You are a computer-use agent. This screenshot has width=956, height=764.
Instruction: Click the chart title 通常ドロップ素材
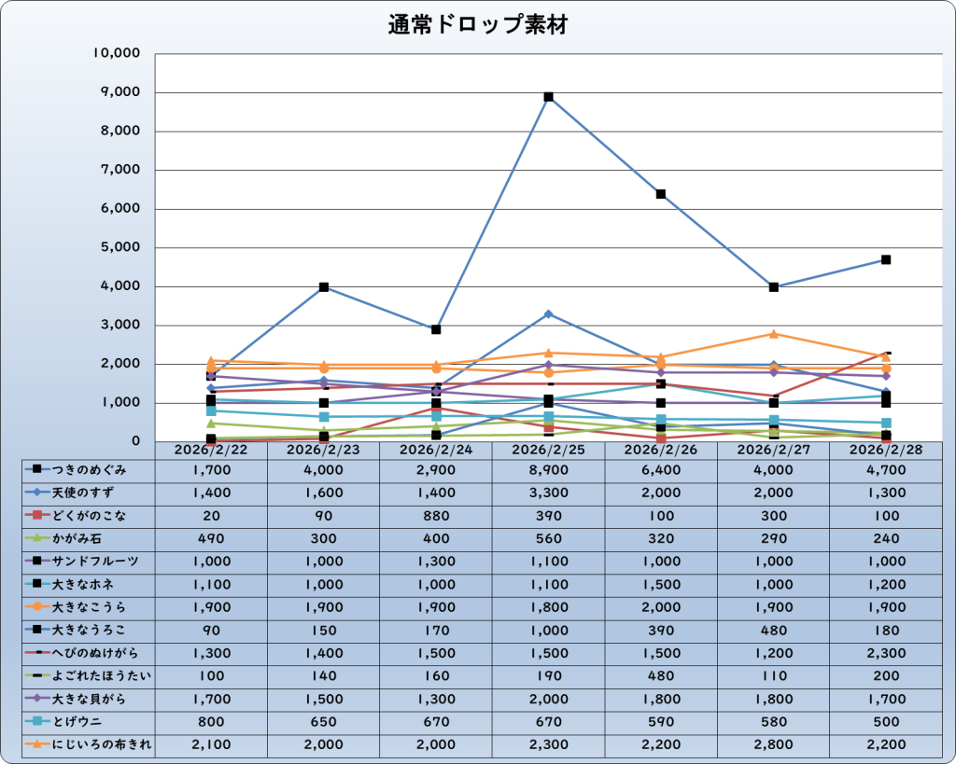pos(478,25)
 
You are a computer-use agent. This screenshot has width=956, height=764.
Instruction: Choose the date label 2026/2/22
pos(211,450)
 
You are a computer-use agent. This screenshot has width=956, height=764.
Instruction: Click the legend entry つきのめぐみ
pos(90,469)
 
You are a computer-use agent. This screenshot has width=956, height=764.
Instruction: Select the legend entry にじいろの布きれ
pos(90,744)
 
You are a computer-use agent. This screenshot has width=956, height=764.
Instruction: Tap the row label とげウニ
pos(90,721)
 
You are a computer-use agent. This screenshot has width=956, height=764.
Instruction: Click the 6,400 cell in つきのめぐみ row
pos(661,469)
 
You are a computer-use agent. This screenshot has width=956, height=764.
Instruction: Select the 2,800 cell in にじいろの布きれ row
pos(773,744)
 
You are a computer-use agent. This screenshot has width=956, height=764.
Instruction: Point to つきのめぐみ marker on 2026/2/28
pos(886,260)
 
